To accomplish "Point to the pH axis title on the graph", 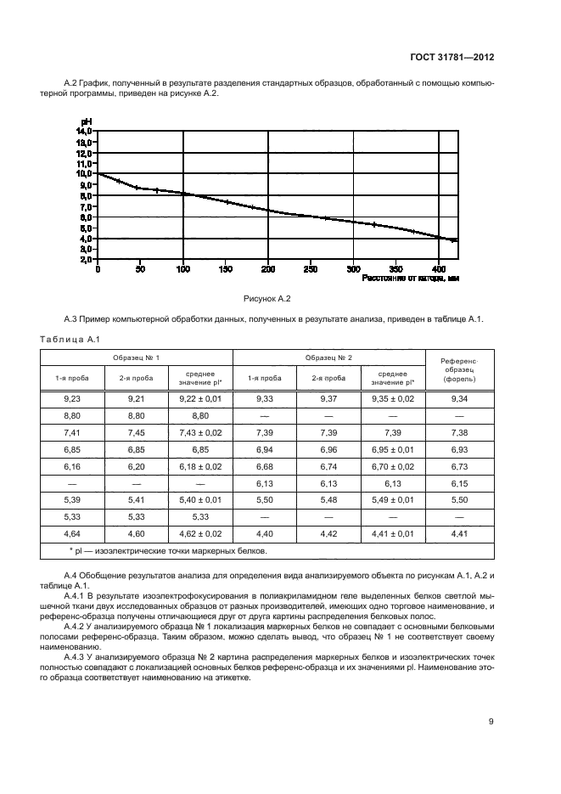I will click(x=86, y=122).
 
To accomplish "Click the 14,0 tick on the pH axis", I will click(x=85, y=132).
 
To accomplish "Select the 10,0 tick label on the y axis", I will click(x=85, y=174).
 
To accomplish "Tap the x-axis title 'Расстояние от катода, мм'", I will click(x=410, y=278).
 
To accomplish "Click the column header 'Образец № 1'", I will click(x=137, y=357).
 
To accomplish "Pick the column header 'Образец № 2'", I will click(x=328, y=357).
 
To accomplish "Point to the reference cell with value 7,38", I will click(x=459, y=433).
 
